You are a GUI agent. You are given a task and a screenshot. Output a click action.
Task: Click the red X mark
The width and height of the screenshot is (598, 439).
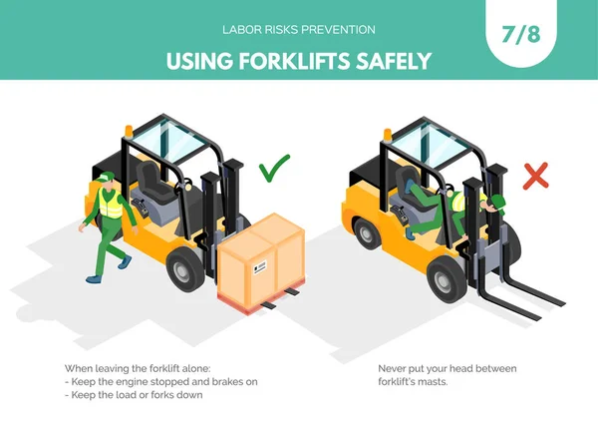pyautogui.click(x=536, y=176)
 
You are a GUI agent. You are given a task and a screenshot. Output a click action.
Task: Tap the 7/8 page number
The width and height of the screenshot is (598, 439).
pyautogui.click(x=521, y=34)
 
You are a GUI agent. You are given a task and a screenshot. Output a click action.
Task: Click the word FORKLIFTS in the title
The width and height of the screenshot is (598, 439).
pyautogui.click(x=294, y=61)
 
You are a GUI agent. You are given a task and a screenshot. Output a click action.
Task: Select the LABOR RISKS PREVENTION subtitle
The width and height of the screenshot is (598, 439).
pyautogui.click(x=299, y=30)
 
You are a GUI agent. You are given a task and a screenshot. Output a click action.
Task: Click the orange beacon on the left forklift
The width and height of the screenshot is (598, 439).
pyautogui.click(x=129, y=131)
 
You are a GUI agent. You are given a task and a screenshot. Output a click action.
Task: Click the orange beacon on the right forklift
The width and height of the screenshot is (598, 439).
pyautogui.click(x=388, y=135)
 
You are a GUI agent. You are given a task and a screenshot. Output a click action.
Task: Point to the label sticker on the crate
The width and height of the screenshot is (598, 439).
pyautogui.click(x=260, y=266)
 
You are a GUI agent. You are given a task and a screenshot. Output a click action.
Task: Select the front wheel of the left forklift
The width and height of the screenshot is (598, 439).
pyautogui.click(x=185, y=268)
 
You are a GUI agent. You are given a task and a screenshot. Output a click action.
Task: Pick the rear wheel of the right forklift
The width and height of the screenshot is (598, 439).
pyautogui.click(x=367, y=232)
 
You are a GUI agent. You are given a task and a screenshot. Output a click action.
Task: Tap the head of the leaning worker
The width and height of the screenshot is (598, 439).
pyautogui.click(x=496, y=205)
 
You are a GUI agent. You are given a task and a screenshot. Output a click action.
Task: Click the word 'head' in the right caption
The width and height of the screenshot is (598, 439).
pyautogui.click(x=459, y=369)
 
